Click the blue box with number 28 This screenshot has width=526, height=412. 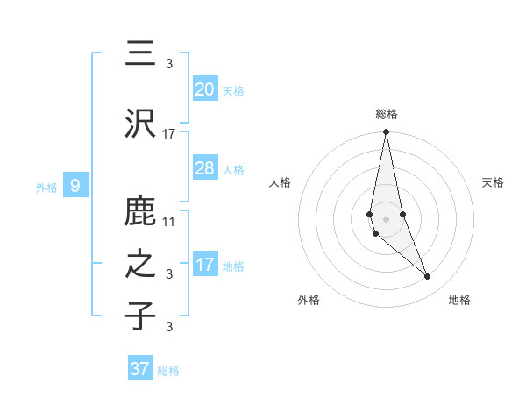click(x=204, y=168)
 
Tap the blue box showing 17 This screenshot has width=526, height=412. click(x=204, y=265)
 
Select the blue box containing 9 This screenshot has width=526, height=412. click(x=75, y=186)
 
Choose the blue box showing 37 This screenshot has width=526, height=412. click(x=140, y=369)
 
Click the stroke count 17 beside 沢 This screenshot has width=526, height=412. click(x=169, y=134)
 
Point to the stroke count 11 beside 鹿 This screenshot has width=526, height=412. click(x=169, y=221)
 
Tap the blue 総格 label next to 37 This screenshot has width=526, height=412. click(x=168, y=371)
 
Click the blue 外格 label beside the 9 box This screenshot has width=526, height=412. click(x=46, y=187)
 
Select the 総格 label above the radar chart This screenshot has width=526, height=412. click(x=387, y=114)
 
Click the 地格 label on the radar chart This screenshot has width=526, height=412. click(x=459, y=301)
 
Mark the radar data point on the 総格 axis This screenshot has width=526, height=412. click(x=386, y=131)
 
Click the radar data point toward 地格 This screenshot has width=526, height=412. click(x=428, y=277)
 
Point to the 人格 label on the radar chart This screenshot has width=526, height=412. click(x=281, y=182)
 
